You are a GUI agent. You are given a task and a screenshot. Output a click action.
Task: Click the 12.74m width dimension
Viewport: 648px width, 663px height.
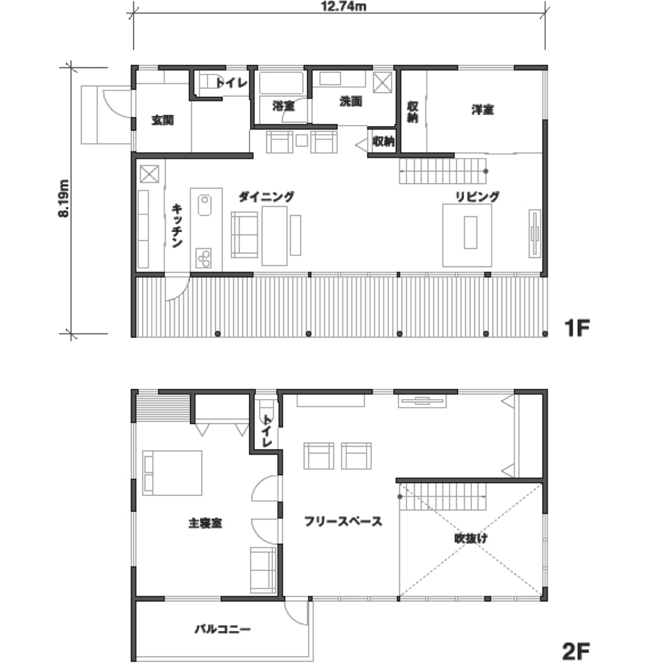344,6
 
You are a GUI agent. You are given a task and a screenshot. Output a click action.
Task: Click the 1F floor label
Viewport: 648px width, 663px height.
577,328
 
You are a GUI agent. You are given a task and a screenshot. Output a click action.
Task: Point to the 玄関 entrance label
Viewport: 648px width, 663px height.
163,120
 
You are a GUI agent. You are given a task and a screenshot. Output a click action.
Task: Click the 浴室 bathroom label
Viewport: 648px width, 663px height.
283,106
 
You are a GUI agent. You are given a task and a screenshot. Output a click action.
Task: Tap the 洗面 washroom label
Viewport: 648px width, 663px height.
351,101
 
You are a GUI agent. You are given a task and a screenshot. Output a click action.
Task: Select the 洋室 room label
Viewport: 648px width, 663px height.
483,110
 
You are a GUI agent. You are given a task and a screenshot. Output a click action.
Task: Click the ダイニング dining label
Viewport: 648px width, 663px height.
266,197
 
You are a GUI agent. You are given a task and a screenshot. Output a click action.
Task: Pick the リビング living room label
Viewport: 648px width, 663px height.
477,197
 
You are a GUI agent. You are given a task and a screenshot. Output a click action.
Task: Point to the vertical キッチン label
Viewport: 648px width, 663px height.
177,225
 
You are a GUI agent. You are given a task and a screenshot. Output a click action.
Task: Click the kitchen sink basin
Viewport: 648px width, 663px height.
205,205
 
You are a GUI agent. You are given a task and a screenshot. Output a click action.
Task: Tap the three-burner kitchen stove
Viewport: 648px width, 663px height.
204,258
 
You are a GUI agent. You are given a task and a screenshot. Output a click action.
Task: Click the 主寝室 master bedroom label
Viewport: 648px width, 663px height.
206,523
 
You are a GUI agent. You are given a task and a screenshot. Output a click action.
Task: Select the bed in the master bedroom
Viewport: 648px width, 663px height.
172,473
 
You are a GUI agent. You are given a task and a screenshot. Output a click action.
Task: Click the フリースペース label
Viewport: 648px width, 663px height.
343,521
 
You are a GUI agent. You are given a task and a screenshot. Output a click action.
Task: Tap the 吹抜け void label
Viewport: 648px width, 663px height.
471,538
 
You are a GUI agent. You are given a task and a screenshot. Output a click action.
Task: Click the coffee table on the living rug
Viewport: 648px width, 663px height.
471,232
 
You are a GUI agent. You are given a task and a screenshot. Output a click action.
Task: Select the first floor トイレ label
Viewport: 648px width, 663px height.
231,83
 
